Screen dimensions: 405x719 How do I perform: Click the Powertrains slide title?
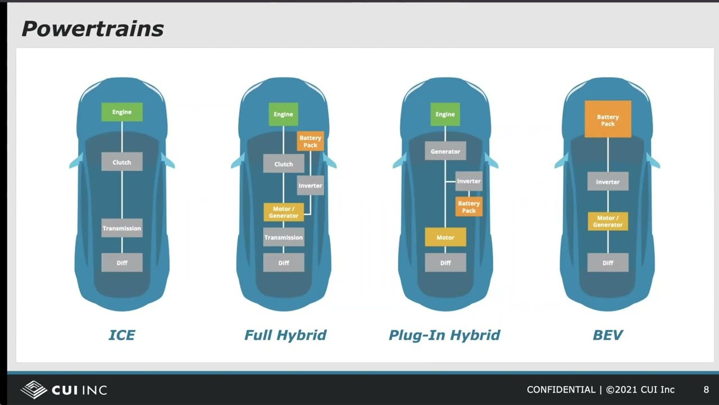(93, 29)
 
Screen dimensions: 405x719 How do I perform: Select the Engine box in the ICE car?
(122, 112)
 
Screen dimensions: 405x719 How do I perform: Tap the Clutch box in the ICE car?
(122, 162)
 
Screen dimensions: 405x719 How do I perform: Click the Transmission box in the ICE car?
(122, 228)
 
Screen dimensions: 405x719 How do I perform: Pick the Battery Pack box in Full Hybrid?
(310, 141)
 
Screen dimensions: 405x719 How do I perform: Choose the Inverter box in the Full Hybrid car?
(310, 186)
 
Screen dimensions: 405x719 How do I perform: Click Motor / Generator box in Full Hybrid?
(284, 212)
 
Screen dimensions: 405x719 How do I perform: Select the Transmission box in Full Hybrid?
(284, 237)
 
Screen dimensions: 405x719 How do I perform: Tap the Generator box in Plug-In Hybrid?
(445, 151)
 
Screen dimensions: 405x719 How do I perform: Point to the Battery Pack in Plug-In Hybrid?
(469, 207)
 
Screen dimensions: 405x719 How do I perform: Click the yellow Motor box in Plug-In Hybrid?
(445, 237)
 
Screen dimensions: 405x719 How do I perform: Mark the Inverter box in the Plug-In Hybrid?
(469, 181)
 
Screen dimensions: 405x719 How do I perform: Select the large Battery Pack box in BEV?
(608, 120)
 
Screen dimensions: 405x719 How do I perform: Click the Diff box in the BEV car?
(608, 263)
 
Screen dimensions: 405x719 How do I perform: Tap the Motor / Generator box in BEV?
(608, 221)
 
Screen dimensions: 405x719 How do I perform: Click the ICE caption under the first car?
(122, 335)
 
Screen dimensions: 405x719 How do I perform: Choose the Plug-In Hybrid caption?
(444, 335)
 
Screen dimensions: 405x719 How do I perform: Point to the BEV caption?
(608, 335)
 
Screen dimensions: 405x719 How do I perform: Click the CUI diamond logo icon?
(34, 389)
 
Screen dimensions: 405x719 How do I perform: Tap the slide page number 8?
(706, 389)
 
